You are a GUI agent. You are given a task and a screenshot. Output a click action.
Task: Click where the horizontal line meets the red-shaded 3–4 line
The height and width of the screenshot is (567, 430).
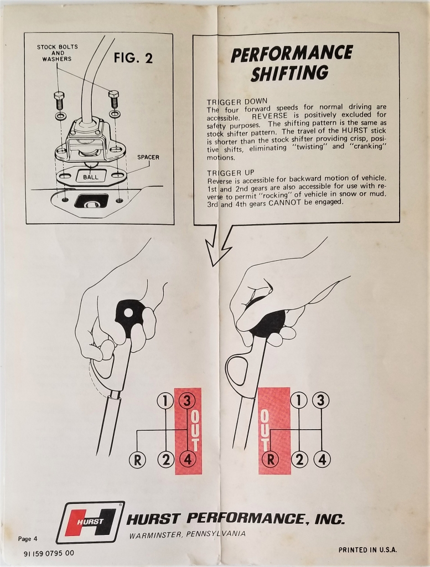click(187, 430)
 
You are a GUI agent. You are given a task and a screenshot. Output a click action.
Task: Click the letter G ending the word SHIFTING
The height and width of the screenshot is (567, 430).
click(321, 73)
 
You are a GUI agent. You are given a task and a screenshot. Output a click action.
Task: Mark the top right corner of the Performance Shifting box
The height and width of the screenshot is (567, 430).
click(399, 33)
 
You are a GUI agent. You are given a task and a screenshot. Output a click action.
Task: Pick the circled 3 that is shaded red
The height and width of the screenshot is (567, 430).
click(187, 401)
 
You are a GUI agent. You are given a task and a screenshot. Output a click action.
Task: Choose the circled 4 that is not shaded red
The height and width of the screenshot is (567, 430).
click(322, 459)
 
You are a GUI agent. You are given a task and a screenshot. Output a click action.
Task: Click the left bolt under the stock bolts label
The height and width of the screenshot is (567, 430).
click(58, 100)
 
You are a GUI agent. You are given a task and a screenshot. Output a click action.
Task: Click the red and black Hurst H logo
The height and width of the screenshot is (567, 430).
click(91, 523)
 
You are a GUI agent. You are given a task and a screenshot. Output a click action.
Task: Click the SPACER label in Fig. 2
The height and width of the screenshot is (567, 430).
click(148, 157)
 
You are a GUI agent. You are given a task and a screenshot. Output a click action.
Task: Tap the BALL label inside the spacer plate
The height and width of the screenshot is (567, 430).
click(90, 177)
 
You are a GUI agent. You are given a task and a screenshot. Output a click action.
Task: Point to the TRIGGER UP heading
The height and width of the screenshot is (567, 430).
click(231, 173)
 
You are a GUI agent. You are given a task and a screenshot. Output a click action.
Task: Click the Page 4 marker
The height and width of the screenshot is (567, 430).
click(28, 539)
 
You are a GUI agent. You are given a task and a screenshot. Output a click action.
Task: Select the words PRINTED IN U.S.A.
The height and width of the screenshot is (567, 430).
click(367, 550)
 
